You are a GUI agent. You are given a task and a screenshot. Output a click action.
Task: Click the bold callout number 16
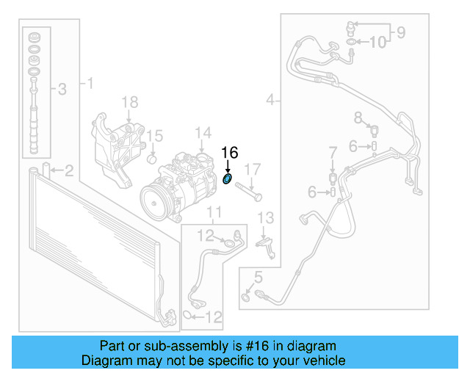tap(230, 153)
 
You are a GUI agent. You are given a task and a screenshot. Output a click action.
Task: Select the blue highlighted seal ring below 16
tap(228, 178)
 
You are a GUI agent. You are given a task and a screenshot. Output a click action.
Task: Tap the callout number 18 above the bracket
tap(129, 102)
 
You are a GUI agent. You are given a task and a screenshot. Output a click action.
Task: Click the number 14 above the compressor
tap(203, 133)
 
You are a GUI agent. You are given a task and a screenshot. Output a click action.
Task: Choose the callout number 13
tap(265, 217)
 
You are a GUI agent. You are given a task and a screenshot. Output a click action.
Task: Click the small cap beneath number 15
tap(153, 157)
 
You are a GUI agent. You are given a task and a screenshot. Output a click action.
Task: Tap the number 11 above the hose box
tap(213, 214)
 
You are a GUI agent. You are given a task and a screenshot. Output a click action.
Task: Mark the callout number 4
tap(272, 99)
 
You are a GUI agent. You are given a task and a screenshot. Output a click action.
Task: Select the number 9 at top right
tap(401, 32)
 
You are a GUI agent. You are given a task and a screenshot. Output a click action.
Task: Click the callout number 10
tap(377, 43)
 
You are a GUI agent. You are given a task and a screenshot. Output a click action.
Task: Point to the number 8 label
tap(358, 117)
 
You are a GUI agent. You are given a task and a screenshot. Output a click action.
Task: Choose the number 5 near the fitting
tap(257, 277)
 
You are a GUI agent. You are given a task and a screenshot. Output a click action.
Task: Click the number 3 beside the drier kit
tap(62, 90)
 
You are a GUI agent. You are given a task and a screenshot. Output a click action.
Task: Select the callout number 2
tap(68, 171)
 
